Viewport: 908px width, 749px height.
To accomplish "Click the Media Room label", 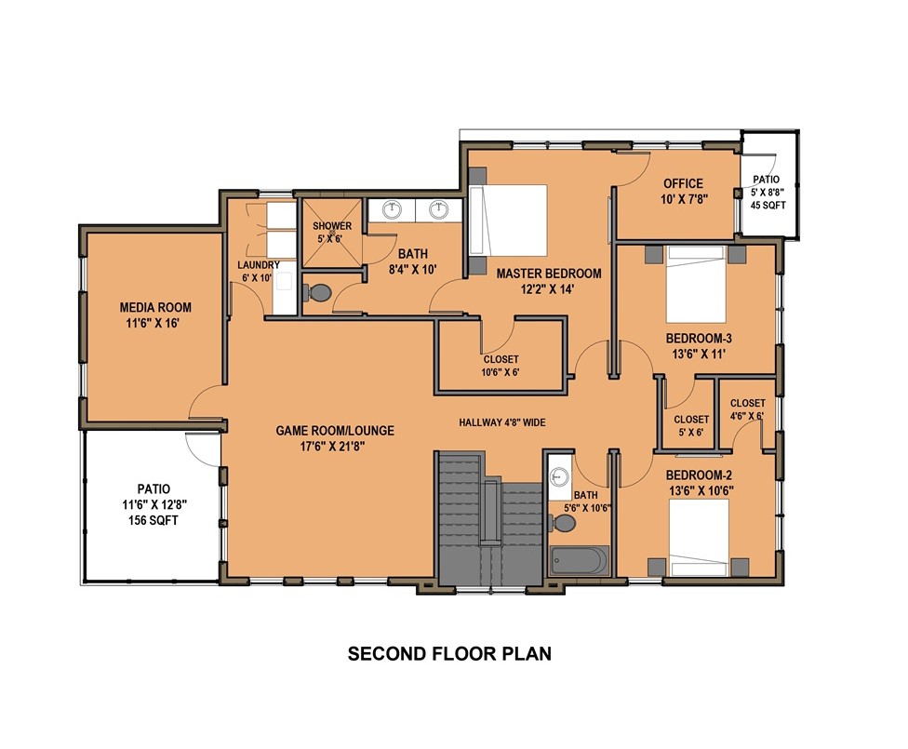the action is point(155,315).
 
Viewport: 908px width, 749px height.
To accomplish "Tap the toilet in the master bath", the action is point(315,292).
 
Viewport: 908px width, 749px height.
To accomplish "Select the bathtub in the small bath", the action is point(579,560).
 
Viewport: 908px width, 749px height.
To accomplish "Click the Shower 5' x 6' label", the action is point(332,232).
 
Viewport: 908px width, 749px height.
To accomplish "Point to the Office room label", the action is point(683,183).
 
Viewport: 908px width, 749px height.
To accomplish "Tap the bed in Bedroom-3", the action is point(696,284).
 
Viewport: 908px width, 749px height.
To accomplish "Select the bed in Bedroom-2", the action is point(699,537).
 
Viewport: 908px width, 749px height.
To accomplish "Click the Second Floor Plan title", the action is point(449,653).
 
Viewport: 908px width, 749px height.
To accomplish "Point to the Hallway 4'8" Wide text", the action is point(502,422).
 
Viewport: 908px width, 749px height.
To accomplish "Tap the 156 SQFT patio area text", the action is point(153,520).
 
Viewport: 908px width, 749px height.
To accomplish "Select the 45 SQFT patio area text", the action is point(768,205).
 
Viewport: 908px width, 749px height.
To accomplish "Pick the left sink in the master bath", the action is point(393,209).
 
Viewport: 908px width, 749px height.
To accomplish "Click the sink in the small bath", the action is point(559,477).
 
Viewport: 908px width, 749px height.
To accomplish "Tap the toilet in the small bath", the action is point(564,524).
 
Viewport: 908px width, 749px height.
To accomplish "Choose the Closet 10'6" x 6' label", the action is point(501,366).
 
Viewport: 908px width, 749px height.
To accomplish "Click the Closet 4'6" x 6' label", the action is point(748,409).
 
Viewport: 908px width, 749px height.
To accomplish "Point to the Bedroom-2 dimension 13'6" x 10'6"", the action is point(701,490).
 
